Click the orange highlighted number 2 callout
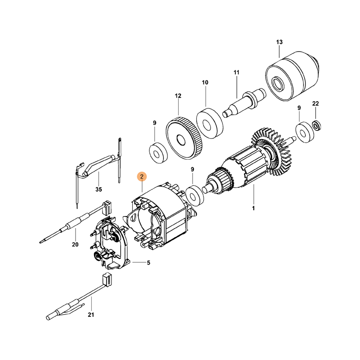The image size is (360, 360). [142, 177]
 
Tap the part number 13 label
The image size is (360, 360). [279, 42]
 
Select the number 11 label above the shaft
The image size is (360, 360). [237, 72]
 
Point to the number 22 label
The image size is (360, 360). [315, 104]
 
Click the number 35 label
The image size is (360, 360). [99, 189]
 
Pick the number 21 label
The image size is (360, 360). [91, 315]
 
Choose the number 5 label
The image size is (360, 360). [148, 263]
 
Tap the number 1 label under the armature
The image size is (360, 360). [253, 208]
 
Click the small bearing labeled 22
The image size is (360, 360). [317, 126]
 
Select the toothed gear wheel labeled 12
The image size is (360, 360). [184, 138]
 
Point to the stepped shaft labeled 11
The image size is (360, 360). [244, 102]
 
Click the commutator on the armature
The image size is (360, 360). [221, 181]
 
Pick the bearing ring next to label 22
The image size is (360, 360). [305, 132]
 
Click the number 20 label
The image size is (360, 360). [75, 245]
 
